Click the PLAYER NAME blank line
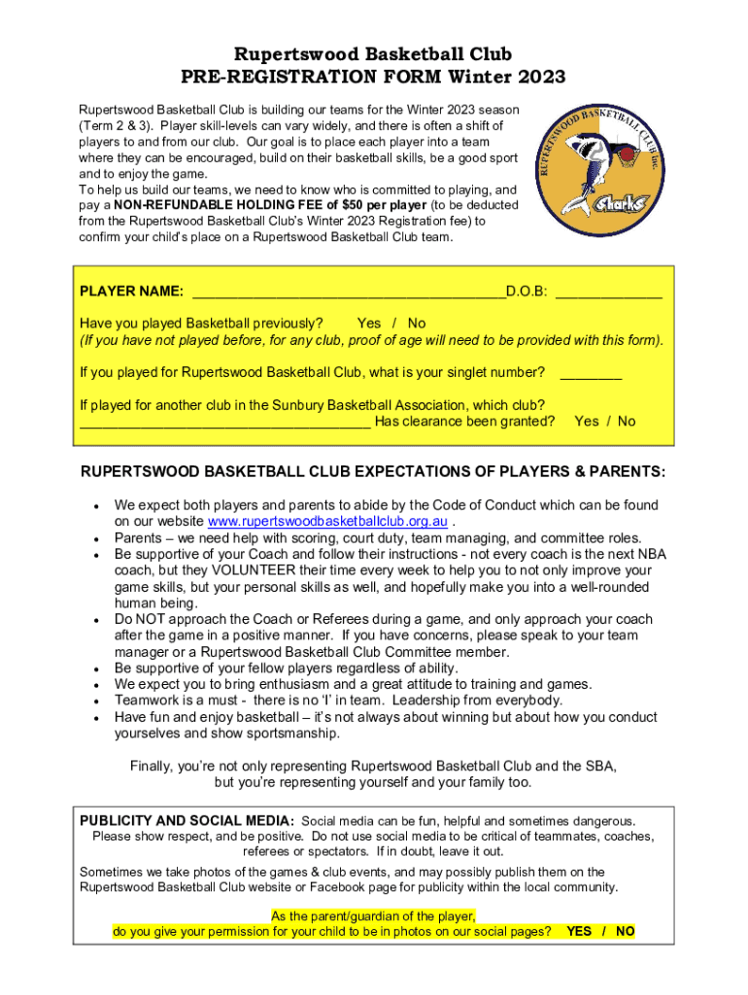coord(349,292)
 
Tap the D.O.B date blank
coord(608,292)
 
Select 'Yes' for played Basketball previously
coord(369,323)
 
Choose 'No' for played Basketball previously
coord(417,323)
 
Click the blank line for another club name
coord(223,423)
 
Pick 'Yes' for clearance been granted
coord(587,421)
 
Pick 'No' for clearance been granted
coord(627,421)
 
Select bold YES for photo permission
coord(579,931)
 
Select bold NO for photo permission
coord(626,931)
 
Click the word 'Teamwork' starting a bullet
coord(145,701)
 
